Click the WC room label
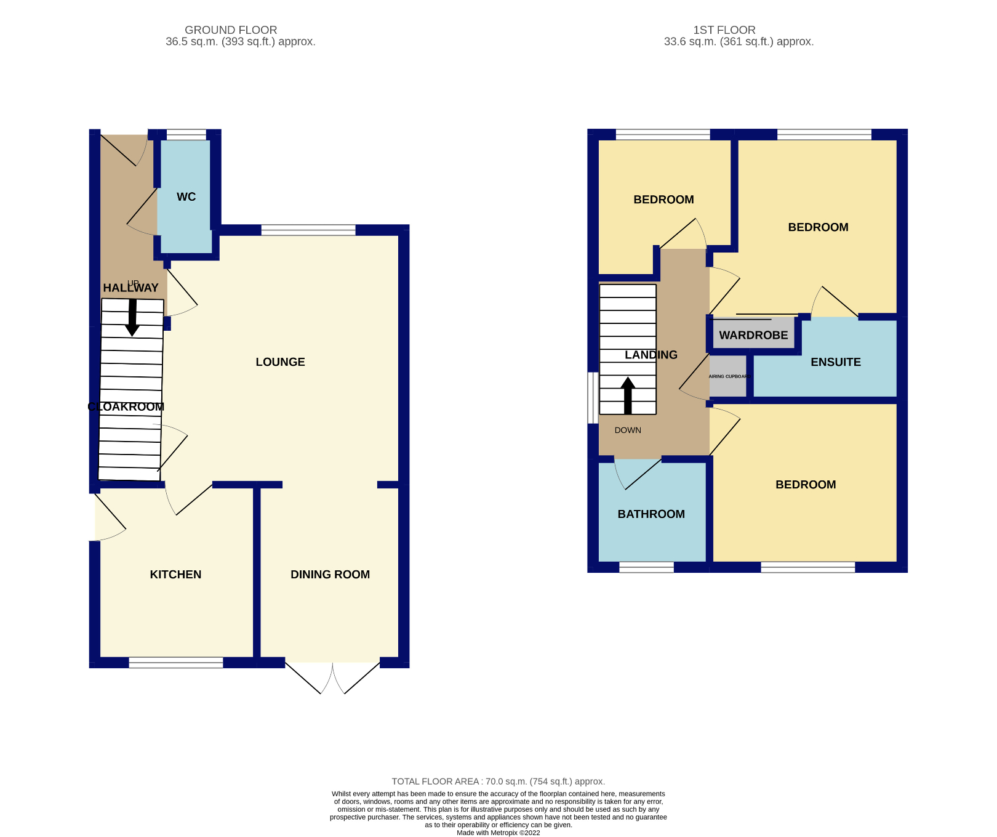pyautogui.click(x=186, y=197)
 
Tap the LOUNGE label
pyautogui.click(x=280, y=362)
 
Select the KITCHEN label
pyautogui.click(x=175, y=575)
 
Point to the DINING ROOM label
pyautogui.click(x=330, y=575)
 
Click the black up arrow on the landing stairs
pyautogui.click(x=628, y=395)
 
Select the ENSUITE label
pyautogui.click(x=835, y=362)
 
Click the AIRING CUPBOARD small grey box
pyautogui.click(x=727, y=376)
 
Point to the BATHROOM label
pyautogui.click(x=651, y=514)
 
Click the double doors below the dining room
pyautogui.click(x=332, y=677)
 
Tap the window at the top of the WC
pyautogui.click(x=186, y=135)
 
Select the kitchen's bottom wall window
pyautogui.click(x=175, y=663)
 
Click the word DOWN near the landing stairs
pyautogui.click(x=628, y=431)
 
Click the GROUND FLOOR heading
pyautogui.click(x=231, y=30)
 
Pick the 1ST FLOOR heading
pyautogui.click(x=724, y=30)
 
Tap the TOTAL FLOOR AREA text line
pyautogui.click(x=498, y=782)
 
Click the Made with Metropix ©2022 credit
pyautogui.click(x=498, y=833)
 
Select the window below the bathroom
pyautogui.click(x=646, y=567)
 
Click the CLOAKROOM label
pyautogui.click(x=126, y=407)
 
